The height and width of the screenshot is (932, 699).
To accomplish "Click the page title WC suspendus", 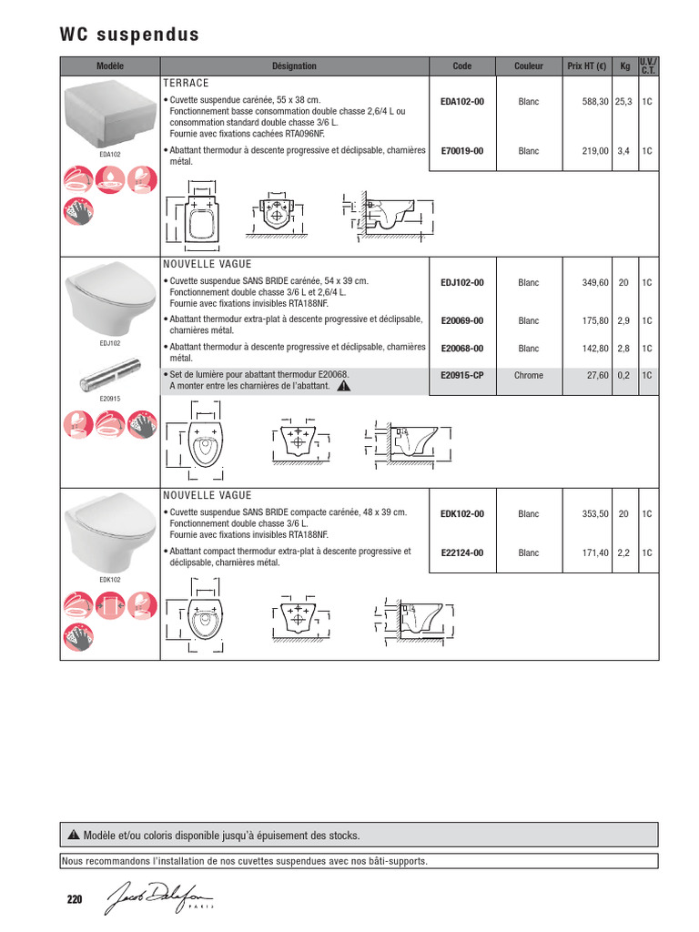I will click(128, 35).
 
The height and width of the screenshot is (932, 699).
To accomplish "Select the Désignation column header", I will click(294, 66).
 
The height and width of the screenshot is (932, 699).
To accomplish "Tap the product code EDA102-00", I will click(462, 103).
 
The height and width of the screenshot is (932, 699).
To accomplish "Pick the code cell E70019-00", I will click(462, 151).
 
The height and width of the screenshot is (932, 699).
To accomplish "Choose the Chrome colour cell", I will click(528, 375).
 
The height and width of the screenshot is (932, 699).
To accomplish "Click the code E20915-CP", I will click(462, 375).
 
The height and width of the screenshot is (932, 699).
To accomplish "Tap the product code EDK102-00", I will click(462, 513).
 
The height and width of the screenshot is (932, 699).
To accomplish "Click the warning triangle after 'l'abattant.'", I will click(343, 386).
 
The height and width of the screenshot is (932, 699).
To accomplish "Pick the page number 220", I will click(75, 900).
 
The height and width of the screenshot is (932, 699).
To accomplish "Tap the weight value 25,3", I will click(623, 103).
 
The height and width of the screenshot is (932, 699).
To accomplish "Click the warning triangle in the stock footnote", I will click(74, 836).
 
